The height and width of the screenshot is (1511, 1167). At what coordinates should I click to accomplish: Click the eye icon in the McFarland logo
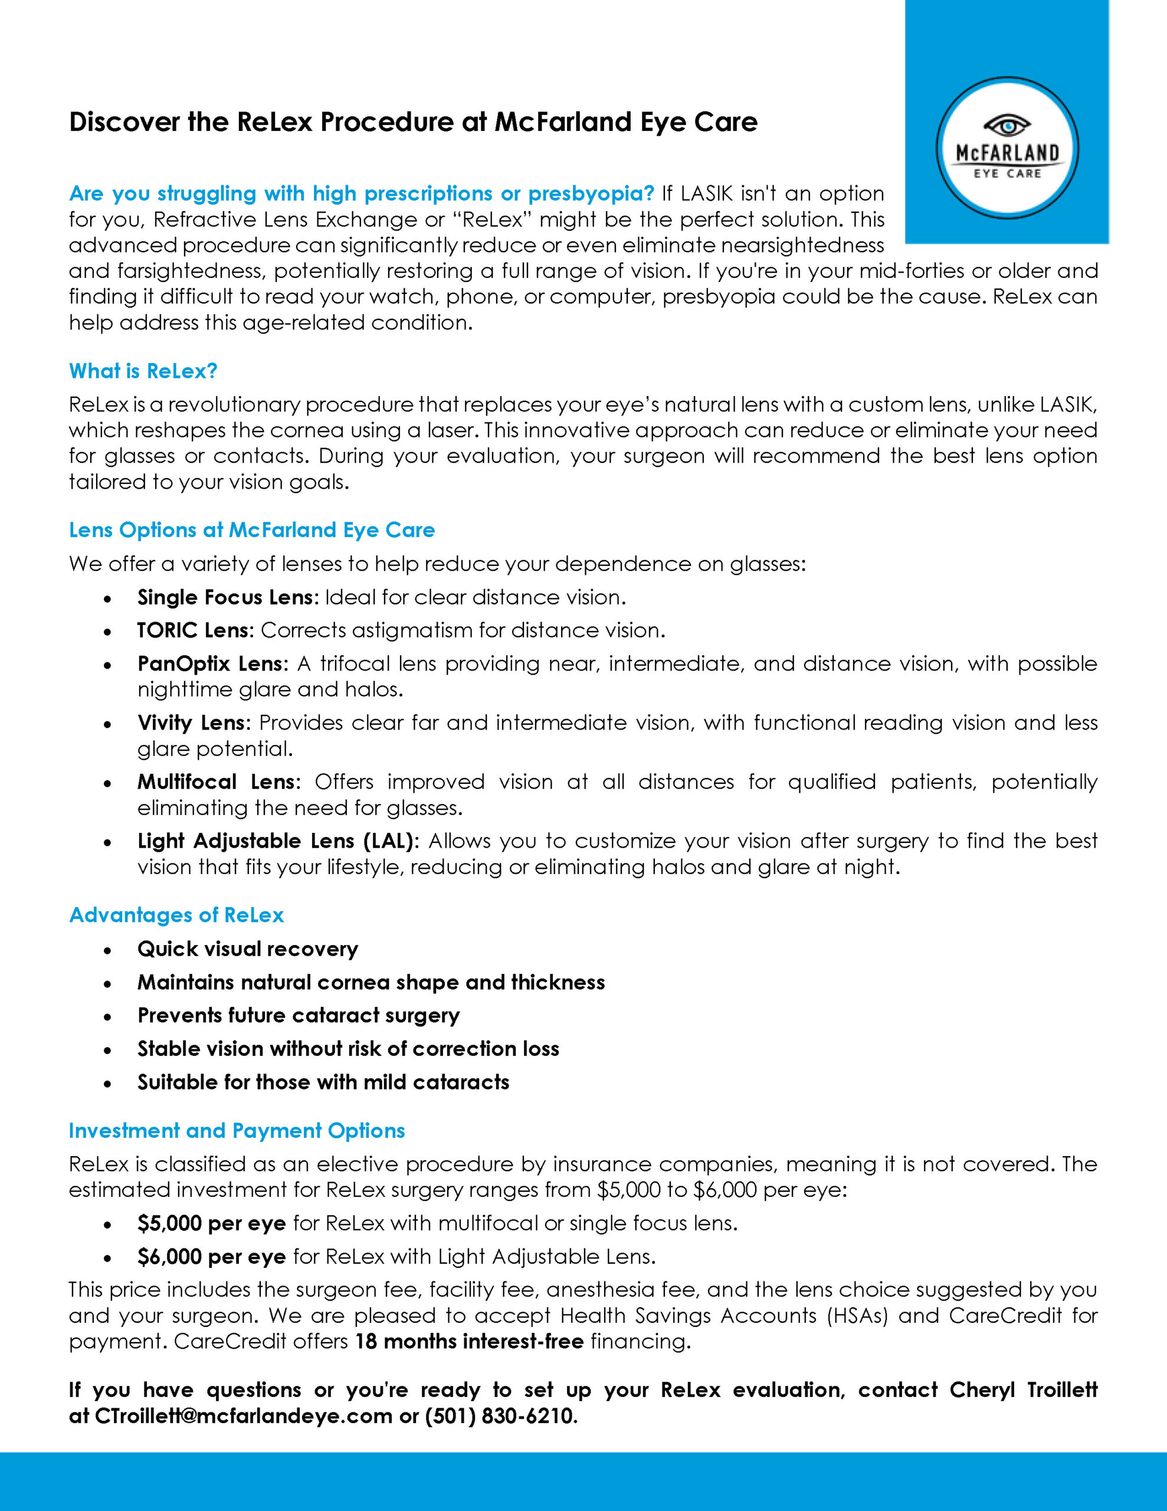pos(1007,126)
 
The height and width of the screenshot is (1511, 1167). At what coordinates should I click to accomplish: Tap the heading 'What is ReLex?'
pos(143,371)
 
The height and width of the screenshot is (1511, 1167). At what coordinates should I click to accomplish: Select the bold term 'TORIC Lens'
pos(196,630)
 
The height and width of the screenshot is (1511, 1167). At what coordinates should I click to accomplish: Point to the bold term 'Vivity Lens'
pos(192,723)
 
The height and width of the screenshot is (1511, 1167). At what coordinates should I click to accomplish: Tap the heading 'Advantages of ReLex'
pos(176,915)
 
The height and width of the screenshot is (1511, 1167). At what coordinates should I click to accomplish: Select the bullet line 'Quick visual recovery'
pos(248,949)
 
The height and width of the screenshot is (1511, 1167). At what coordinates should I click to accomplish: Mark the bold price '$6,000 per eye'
pos(212,1257)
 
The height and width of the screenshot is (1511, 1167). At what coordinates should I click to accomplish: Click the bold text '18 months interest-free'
pos(470,1342)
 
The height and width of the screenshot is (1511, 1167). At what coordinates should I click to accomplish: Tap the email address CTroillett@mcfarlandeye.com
pos(244,1416)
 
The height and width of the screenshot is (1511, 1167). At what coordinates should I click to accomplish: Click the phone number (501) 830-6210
pos(500,1416)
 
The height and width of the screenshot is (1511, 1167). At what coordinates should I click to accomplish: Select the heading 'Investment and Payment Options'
pos(237,1130)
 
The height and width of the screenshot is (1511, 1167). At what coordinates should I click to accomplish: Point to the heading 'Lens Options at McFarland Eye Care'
pos(252,530)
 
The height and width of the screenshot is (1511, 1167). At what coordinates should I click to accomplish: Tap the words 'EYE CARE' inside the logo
pos(1007,174)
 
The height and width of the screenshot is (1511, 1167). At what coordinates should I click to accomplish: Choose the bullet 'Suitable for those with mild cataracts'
pos(323,1082)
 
